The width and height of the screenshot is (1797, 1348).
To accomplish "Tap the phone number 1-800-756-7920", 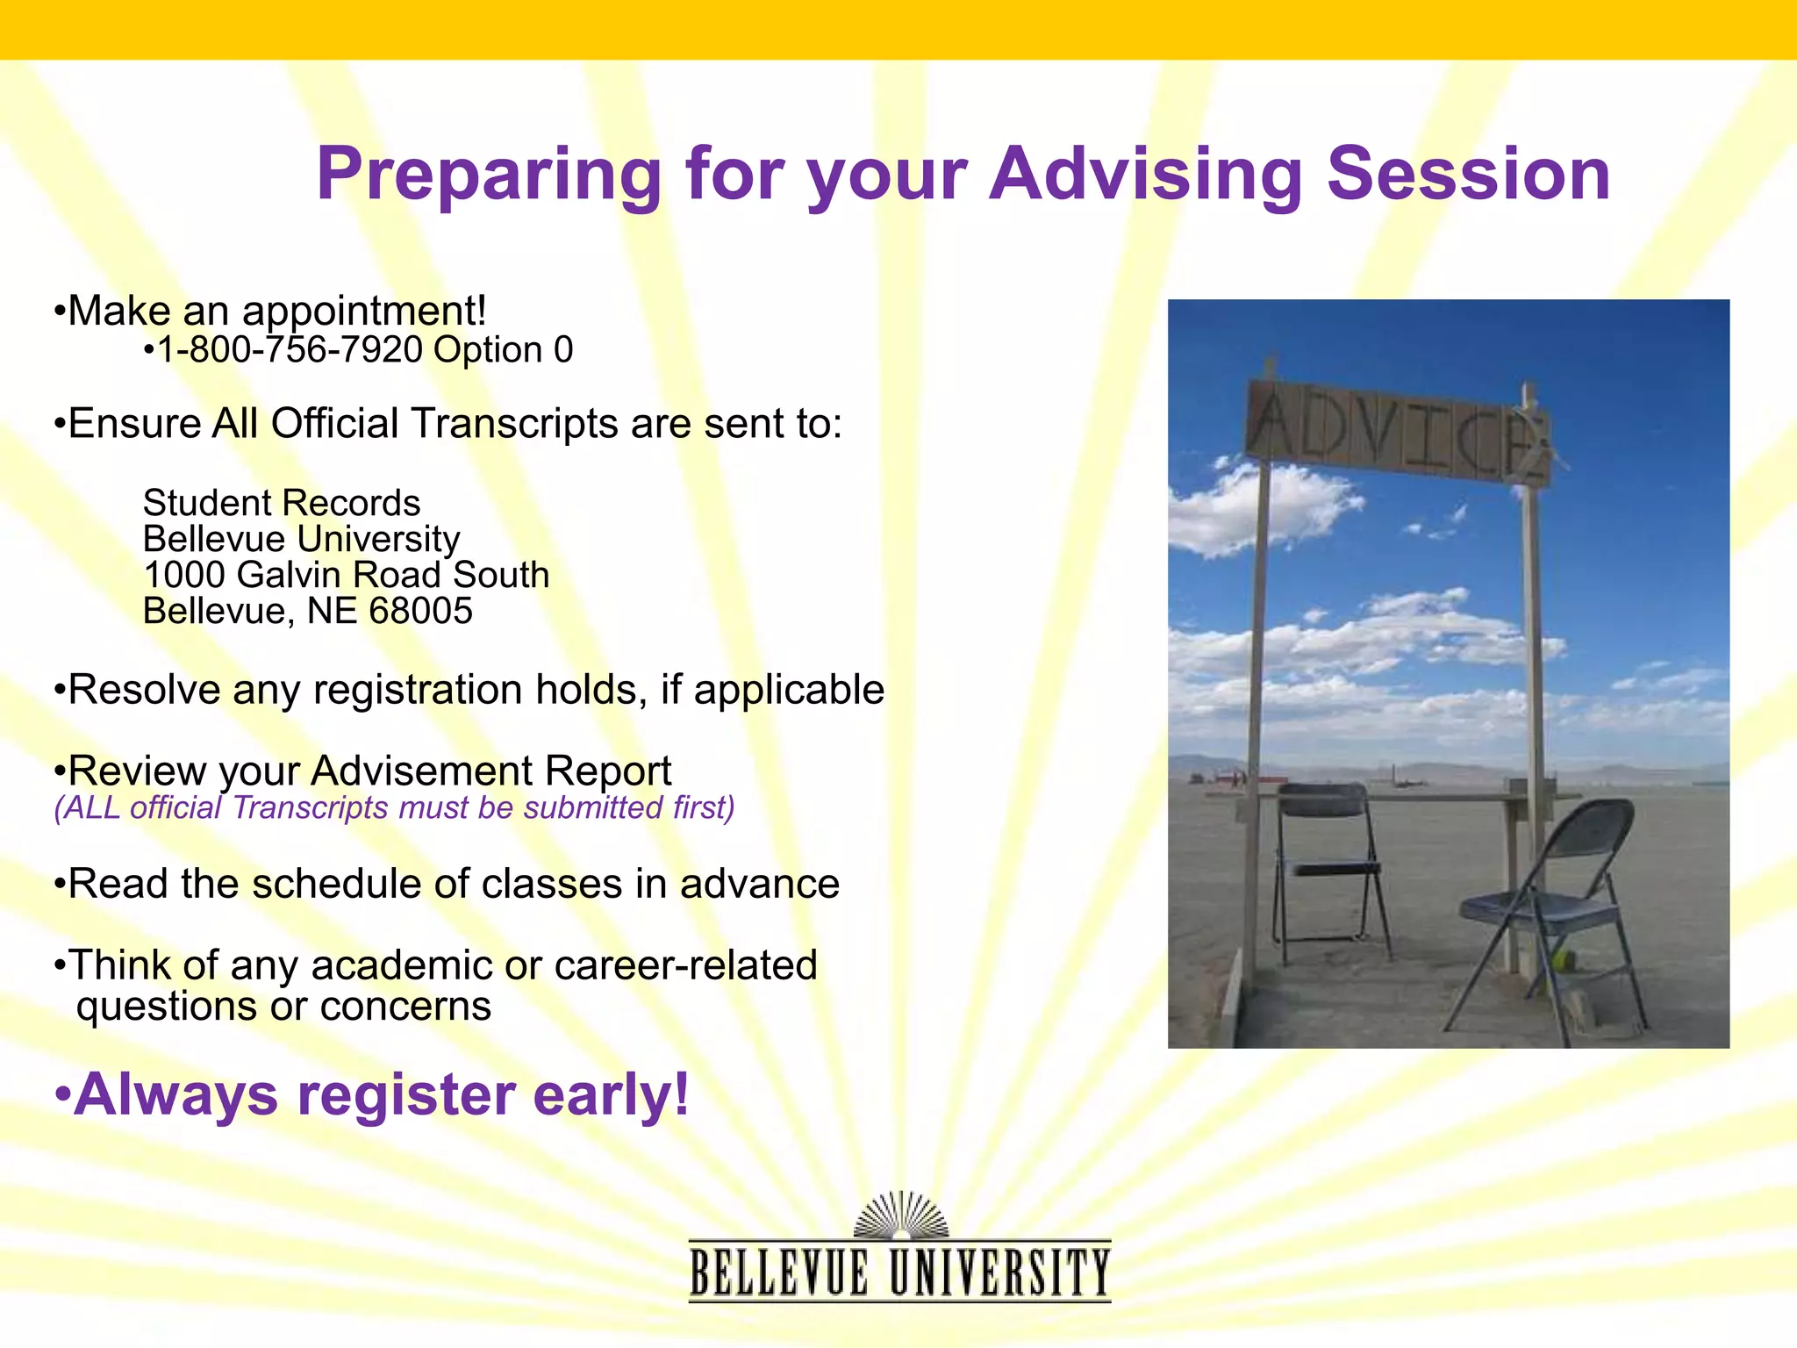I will point(290,350).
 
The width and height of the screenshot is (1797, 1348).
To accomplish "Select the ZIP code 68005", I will point(420,611).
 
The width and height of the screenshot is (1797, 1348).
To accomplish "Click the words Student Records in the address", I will point(282,503).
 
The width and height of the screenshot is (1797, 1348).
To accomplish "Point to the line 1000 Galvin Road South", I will point(346,575).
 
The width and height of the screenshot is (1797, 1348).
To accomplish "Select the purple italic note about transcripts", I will point(394,807).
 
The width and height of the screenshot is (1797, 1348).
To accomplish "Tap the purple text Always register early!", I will point(372,1095).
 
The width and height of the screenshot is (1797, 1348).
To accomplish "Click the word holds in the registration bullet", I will point(591,690).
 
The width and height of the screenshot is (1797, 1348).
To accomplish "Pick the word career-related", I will point(685,965).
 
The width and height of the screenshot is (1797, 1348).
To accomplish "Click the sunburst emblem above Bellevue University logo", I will point(901,1215).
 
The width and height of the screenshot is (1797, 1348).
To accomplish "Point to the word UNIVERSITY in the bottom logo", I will point(999,1273).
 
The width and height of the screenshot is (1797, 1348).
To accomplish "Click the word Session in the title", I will point(1468,176).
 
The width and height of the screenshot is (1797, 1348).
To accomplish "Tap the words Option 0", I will point(503,350).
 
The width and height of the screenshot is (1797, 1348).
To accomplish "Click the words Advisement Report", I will point(490,771).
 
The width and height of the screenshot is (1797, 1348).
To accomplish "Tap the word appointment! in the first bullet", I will point(363,312).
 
